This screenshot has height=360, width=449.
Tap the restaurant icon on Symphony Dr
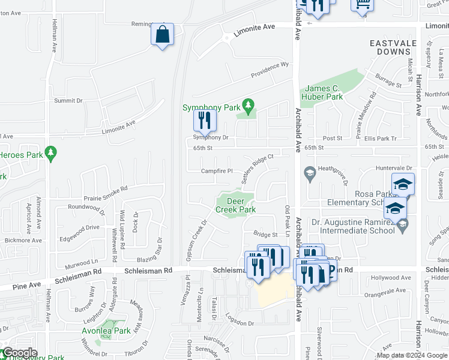click(205, 121)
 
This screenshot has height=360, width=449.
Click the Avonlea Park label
click(106, 331)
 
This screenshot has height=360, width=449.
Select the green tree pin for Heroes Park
click(52, 154)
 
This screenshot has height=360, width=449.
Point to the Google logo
click(20, 353)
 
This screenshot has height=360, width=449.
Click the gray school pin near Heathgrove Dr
click(309, 173)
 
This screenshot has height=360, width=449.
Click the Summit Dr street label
click(68, 101)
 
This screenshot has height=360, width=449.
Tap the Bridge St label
click(265, 235)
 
